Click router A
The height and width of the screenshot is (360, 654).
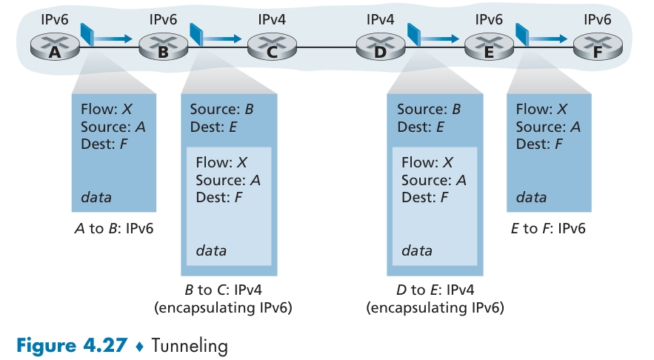[x=55, y=48]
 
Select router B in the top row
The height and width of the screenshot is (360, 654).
[x=163, y=48]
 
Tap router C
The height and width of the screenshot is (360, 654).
[x=272, y=48]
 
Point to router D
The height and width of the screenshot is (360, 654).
[x=381, y=48]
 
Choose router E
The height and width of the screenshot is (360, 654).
[x=489, y=48]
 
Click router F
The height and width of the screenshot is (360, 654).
[x=597, y=48]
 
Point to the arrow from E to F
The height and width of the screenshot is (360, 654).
[x=547, y=37]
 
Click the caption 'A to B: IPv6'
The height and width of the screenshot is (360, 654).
[x=115, y=228]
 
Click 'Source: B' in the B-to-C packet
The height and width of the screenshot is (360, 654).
[x=221, y=110]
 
